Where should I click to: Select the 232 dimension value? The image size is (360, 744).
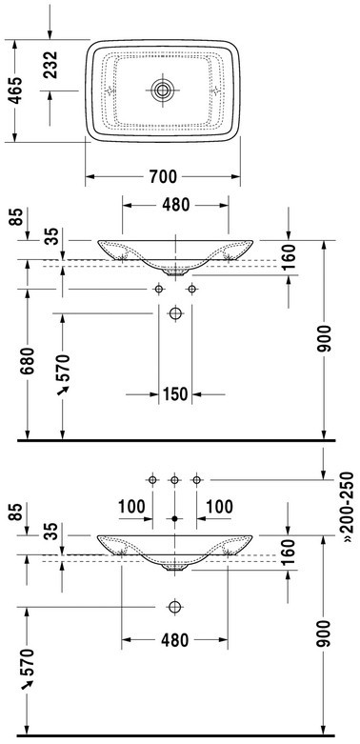tap(50, 65)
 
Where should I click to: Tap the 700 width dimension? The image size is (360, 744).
tap(163, 177)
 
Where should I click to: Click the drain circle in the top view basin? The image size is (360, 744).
tap(163, 90)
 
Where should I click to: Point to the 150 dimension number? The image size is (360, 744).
tap(175, 393)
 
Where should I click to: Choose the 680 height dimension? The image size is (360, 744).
tap(27, 361)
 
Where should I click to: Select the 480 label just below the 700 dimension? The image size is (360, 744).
tap(175, 205)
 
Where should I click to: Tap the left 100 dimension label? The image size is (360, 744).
tap(131, 507)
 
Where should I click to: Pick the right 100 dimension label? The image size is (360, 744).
tap(219, 507)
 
